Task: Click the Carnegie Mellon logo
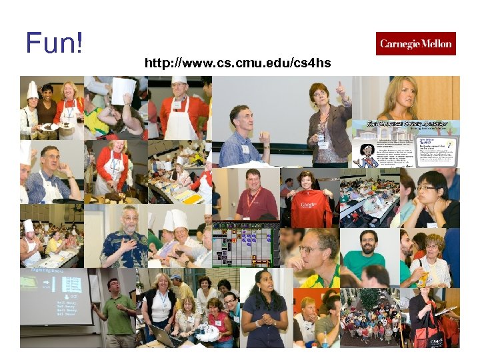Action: point(415,44)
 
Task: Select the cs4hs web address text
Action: point(237,64)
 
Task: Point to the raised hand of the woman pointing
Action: point(342,90)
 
